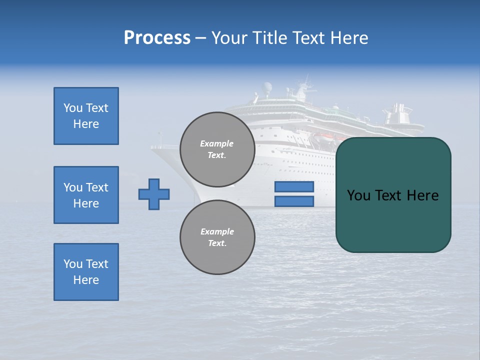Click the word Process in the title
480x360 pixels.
(157, 38)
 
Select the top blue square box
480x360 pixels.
(86, 116)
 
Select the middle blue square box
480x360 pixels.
(86, 195)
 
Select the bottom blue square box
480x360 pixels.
(86, 272)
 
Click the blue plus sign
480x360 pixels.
(154, 194)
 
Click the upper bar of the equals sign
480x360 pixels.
(294, 186)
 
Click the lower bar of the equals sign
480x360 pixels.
(294, 201)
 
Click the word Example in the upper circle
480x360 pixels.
(217, 143)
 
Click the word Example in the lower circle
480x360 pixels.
(217, 231)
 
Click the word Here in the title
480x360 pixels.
(350, 38)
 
